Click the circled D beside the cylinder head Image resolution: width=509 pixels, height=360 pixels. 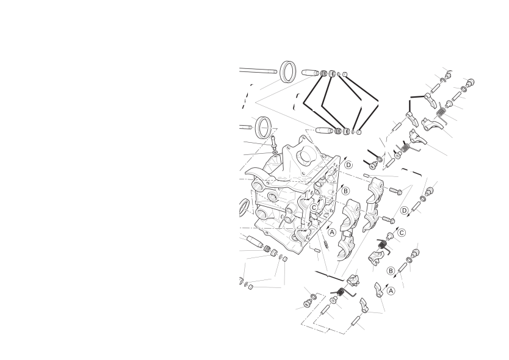(348, 165)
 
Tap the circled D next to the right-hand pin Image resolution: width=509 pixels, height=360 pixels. (404, 211)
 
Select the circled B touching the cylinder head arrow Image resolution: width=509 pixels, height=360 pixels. (345, 191)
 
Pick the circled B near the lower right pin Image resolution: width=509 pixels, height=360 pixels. (391, 271)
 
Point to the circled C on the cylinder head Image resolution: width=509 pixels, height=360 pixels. (314, 207)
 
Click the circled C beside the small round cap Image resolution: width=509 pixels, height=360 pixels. (402, 232)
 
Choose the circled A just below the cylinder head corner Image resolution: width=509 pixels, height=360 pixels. (332, 232)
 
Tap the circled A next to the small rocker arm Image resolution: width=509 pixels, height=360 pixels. (391, 290)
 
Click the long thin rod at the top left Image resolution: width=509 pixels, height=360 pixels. (258, 70)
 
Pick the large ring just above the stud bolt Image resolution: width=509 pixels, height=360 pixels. (264, 128)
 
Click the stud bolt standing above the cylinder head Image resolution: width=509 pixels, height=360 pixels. (273, 142)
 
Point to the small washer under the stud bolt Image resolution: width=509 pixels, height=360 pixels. (275, 153)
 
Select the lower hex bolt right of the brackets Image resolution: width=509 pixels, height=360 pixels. (388, 220)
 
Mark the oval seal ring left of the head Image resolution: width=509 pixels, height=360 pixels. (244, 207)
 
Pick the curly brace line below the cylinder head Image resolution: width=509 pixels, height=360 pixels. (329, 276)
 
